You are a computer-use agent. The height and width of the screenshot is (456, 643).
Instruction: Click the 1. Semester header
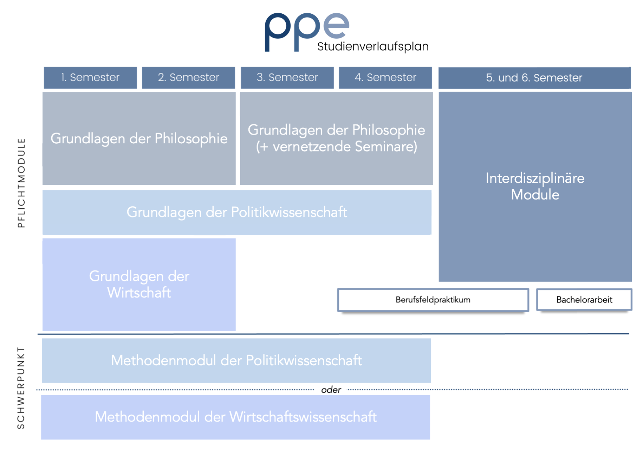[x=90, y=78]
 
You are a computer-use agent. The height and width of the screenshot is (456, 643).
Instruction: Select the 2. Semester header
[x=188, y=78]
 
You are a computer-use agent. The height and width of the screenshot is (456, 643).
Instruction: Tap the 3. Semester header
[x=287, y=78]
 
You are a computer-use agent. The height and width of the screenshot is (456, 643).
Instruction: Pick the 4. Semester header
[x=385, y=78]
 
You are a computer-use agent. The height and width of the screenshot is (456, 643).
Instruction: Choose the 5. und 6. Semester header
[x=534, y=78]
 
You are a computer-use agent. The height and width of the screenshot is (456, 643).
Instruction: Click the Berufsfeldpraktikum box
[x=433, y=300]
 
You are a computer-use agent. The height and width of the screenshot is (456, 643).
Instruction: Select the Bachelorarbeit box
[x=584, y=300]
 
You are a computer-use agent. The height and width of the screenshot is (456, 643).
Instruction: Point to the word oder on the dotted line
[x=331, y=390]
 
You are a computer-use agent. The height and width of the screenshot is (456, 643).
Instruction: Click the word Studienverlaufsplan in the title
[x=373, y=46]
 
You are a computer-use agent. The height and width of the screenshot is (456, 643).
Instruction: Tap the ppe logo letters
[x=307, y=32]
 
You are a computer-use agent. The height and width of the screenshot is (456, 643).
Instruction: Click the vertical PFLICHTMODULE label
[x=21, y=183]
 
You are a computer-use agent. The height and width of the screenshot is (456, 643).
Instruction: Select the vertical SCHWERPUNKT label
[x=21, y=388]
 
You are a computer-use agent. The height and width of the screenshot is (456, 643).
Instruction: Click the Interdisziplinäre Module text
[x=535, y=187]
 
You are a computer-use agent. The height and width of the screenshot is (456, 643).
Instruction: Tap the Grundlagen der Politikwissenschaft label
[x=237, y=212]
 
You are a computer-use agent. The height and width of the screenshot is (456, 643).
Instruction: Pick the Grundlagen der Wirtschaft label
[x=139, y=284]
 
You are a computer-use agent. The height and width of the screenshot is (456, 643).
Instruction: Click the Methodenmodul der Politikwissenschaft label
[x=236, y=360]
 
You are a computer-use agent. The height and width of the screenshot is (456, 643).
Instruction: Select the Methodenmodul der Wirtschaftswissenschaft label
[x=235, y=417]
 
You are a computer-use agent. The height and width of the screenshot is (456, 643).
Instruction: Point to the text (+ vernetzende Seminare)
[x=336, y=146]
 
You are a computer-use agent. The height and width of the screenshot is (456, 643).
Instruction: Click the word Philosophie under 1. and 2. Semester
[x=191, y=139]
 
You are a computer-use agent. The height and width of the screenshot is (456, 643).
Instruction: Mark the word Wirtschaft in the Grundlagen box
[x=139, y=292]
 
